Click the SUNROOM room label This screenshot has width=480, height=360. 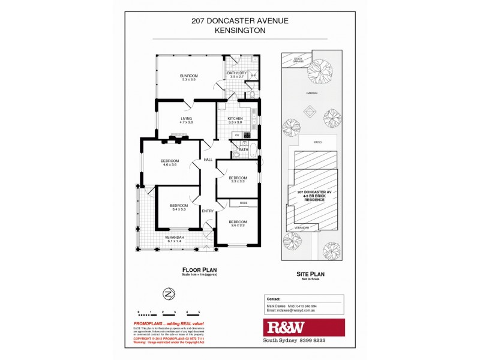tap(189, 77)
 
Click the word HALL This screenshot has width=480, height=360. tap(208, 160)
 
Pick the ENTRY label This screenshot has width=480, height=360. tap(208, 211)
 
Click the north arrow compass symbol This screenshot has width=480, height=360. tap(169, 294)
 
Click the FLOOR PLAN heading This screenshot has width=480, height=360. tap(198, 270)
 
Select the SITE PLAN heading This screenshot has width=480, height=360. tap(311, 273)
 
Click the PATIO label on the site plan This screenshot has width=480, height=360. tap(317, 142)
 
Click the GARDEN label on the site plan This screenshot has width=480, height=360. tap(311, 94)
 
